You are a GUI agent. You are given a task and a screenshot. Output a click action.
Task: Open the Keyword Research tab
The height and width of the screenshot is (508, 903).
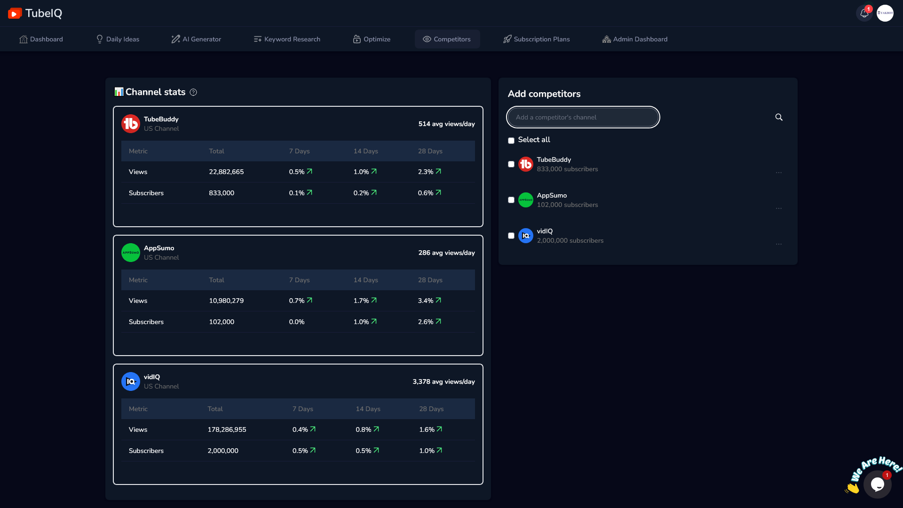pyautogui.click(x=287, y=39)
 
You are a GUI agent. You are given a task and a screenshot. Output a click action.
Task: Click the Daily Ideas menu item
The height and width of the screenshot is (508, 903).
pyautogui.click(x=118, y=39)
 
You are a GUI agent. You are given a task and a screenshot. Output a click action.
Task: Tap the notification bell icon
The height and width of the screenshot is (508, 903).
pyautogui.click(x=864, y=13)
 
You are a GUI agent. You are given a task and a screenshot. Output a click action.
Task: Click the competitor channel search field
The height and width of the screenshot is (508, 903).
pyautogui.click(x=583, y=117)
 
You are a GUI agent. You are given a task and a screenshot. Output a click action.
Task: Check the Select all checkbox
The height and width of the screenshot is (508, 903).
pyautogui.click(x=511, y=141)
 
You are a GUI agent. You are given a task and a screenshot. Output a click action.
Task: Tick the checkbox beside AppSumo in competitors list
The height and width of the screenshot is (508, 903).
pyautogui.click(x=511, y=200)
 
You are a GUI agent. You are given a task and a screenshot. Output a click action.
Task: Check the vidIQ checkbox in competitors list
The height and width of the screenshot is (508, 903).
pyautogui.click(x=511, y=236)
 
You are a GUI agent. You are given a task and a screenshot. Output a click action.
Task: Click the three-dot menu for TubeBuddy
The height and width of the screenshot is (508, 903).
pyautogui.click(x=779, y=173)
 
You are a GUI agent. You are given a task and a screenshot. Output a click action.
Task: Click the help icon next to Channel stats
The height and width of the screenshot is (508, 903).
pyautogui.click(x=193, y=92)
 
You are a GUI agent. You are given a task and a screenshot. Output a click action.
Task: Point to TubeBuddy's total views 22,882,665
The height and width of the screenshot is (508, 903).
pyautogui.click(x=226, y=172)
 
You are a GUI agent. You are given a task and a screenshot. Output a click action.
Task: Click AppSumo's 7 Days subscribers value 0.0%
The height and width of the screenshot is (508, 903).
pyautogui.click(x=297, y=322)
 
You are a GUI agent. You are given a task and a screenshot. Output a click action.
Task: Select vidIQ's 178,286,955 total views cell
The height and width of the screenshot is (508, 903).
pyautogui.click(x=227, y=429)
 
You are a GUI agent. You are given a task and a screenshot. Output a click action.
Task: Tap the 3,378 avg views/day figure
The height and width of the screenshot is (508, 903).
pyautogui.click(x=444, y=381)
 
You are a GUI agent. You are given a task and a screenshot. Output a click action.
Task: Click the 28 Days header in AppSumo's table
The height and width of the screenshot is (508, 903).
pyautogui.click(x=430, y=280)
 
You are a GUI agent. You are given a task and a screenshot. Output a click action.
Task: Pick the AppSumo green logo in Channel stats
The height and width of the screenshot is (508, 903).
pyautogui.click(x=131, y=253)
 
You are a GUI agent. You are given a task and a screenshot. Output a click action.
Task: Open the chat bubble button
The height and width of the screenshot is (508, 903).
pyautogui.click(x=877, y=484)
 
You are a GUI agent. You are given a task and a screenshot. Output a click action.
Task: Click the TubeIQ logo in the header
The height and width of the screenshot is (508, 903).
pyautogui.click(x=35, y=13)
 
